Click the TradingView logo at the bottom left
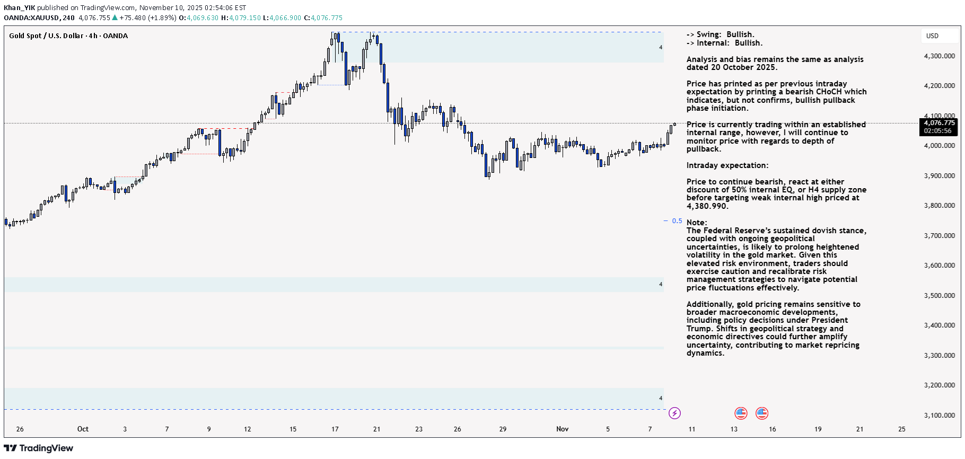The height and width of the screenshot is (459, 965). (38, 448)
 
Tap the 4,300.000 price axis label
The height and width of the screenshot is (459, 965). (939, 56)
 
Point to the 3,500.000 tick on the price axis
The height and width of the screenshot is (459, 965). (939, 295)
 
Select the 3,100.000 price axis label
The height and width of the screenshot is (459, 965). (939, 415)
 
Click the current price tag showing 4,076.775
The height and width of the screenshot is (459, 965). (938, 123)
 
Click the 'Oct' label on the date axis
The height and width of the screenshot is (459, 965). (83, 429)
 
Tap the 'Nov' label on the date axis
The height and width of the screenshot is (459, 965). (562, 429)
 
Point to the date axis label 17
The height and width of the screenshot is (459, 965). (335, 429)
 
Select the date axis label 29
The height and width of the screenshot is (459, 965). (503, 429)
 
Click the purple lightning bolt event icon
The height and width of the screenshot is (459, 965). (674, 413)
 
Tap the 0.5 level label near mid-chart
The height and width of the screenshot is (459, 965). (677, 221)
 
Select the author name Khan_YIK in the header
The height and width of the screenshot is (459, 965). (19, 7)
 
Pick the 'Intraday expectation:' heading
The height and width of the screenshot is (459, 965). (727, 165)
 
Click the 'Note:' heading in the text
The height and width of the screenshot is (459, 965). (697, 223)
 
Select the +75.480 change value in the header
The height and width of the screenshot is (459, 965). (133, 17)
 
